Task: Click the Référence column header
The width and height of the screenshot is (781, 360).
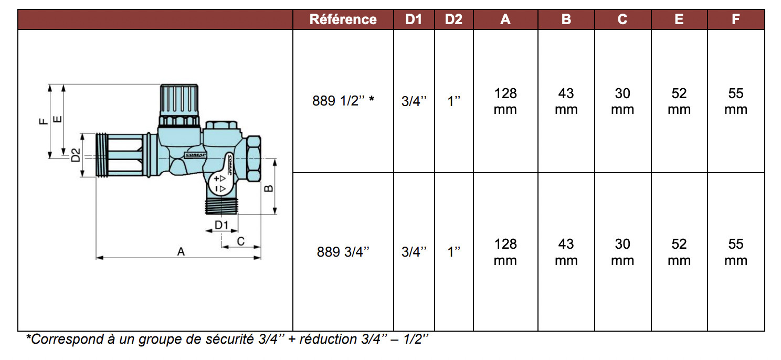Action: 343,19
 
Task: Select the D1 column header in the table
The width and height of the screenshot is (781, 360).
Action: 414,19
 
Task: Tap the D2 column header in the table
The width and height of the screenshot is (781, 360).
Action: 453,19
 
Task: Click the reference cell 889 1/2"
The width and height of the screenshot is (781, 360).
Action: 343,101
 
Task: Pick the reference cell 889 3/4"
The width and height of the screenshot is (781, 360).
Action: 343,252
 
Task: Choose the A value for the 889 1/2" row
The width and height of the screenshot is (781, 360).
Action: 505,101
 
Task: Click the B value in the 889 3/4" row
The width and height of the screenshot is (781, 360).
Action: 566,252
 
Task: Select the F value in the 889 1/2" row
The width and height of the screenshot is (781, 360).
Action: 735,101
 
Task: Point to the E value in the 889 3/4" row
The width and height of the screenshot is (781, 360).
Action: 679,252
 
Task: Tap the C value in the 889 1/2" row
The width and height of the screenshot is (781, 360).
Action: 622,101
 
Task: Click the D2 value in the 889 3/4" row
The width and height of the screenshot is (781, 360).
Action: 453,252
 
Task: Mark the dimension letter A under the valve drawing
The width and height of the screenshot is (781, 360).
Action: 181,252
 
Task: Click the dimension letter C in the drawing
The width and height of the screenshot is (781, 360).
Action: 241,241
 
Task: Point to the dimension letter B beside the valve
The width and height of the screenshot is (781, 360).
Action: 269,187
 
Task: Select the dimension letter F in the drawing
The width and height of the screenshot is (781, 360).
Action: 44,121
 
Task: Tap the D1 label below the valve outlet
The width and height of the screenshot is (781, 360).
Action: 221,225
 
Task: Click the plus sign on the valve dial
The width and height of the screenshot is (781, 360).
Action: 216,179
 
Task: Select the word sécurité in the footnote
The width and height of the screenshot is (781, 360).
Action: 229,340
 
